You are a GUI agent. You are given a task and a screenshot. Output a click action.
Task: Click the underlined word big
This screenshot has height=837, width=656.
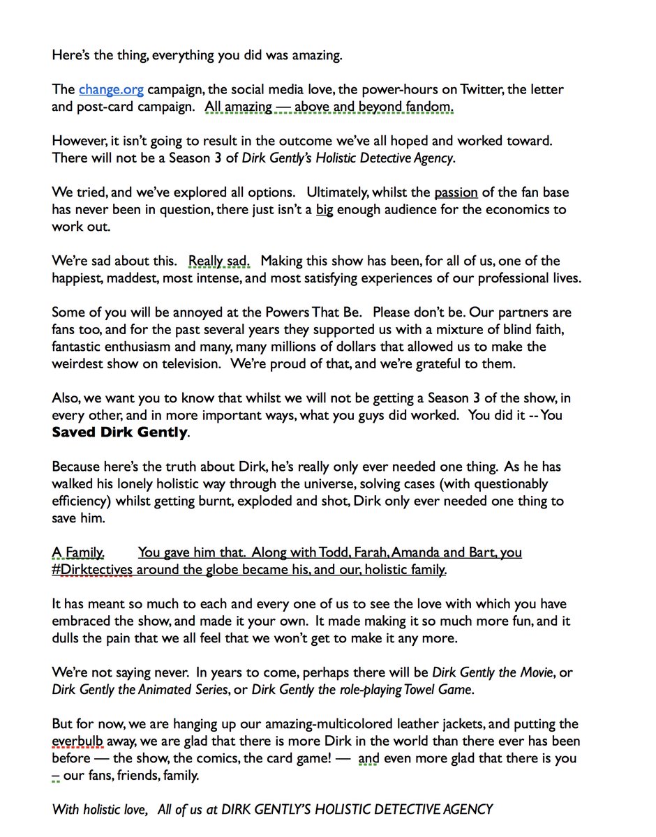click(x=325, y=209)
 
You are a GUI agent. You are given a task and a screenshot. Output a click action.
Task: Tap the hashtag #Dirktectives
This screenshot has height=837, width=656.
click(x=92, y=570)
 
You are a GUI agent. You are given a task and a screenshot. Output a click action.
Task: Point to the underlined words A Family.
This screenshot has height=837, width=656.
click(x=79, y=552)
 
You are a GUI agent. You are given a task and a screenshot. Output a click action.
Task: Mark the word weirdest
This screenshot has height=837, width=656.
click(x=80, y=364)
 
